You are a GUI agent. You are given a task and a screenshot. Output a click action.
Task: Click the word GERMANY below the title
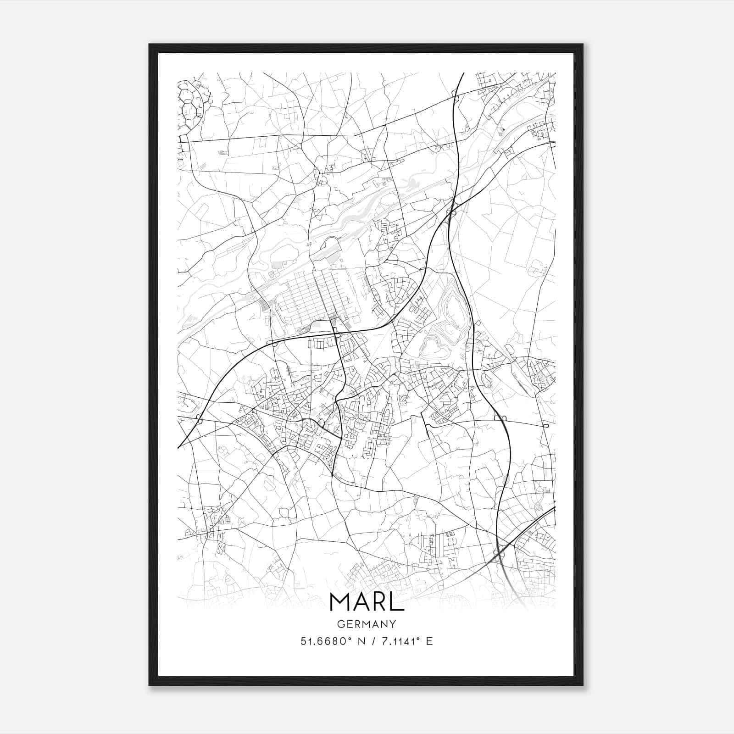click(367, 624)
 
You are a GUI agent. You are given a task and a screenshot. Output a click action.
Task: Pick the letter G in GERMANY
click(340, 624)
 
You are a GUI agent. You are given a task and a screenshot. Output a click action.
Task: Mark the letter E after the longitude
click(429, 641)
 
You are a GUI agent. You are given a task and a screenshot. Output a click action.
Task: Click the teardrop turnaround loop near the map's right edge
click(545, 426)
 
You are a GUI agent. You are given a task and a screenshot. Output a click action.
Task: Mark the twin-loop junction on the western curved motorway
click(199, 418)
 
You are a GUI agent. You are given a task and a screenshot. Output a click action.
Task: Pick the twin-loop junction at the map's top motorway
click(454, 94)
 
